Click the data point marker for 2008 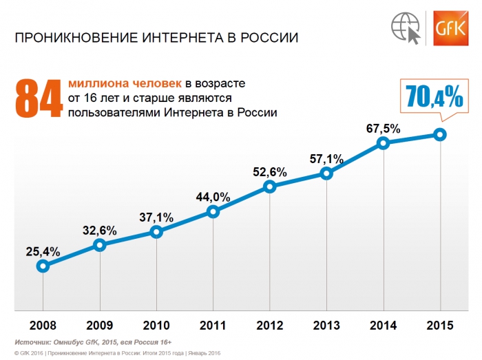pyautogui.click(x=43, y=265)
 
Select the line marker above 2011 pyautogui.click(x=213, y=212)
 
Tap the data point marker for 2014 pyautogui.click(x=384, y=143)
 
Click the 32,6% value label pyautogui.click(x=100, y=229)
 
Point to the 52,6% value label pyautogui.click(x=270, y=172)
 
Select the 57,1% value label pyautogui.click(x=327, y=159)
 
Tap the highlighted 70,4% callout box pyautogui.click(x=434, y=97)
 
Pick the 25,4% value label pyautogui.click(x=43, y=251)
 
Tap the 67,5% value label pyautogui.click(x=384, y=128)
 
